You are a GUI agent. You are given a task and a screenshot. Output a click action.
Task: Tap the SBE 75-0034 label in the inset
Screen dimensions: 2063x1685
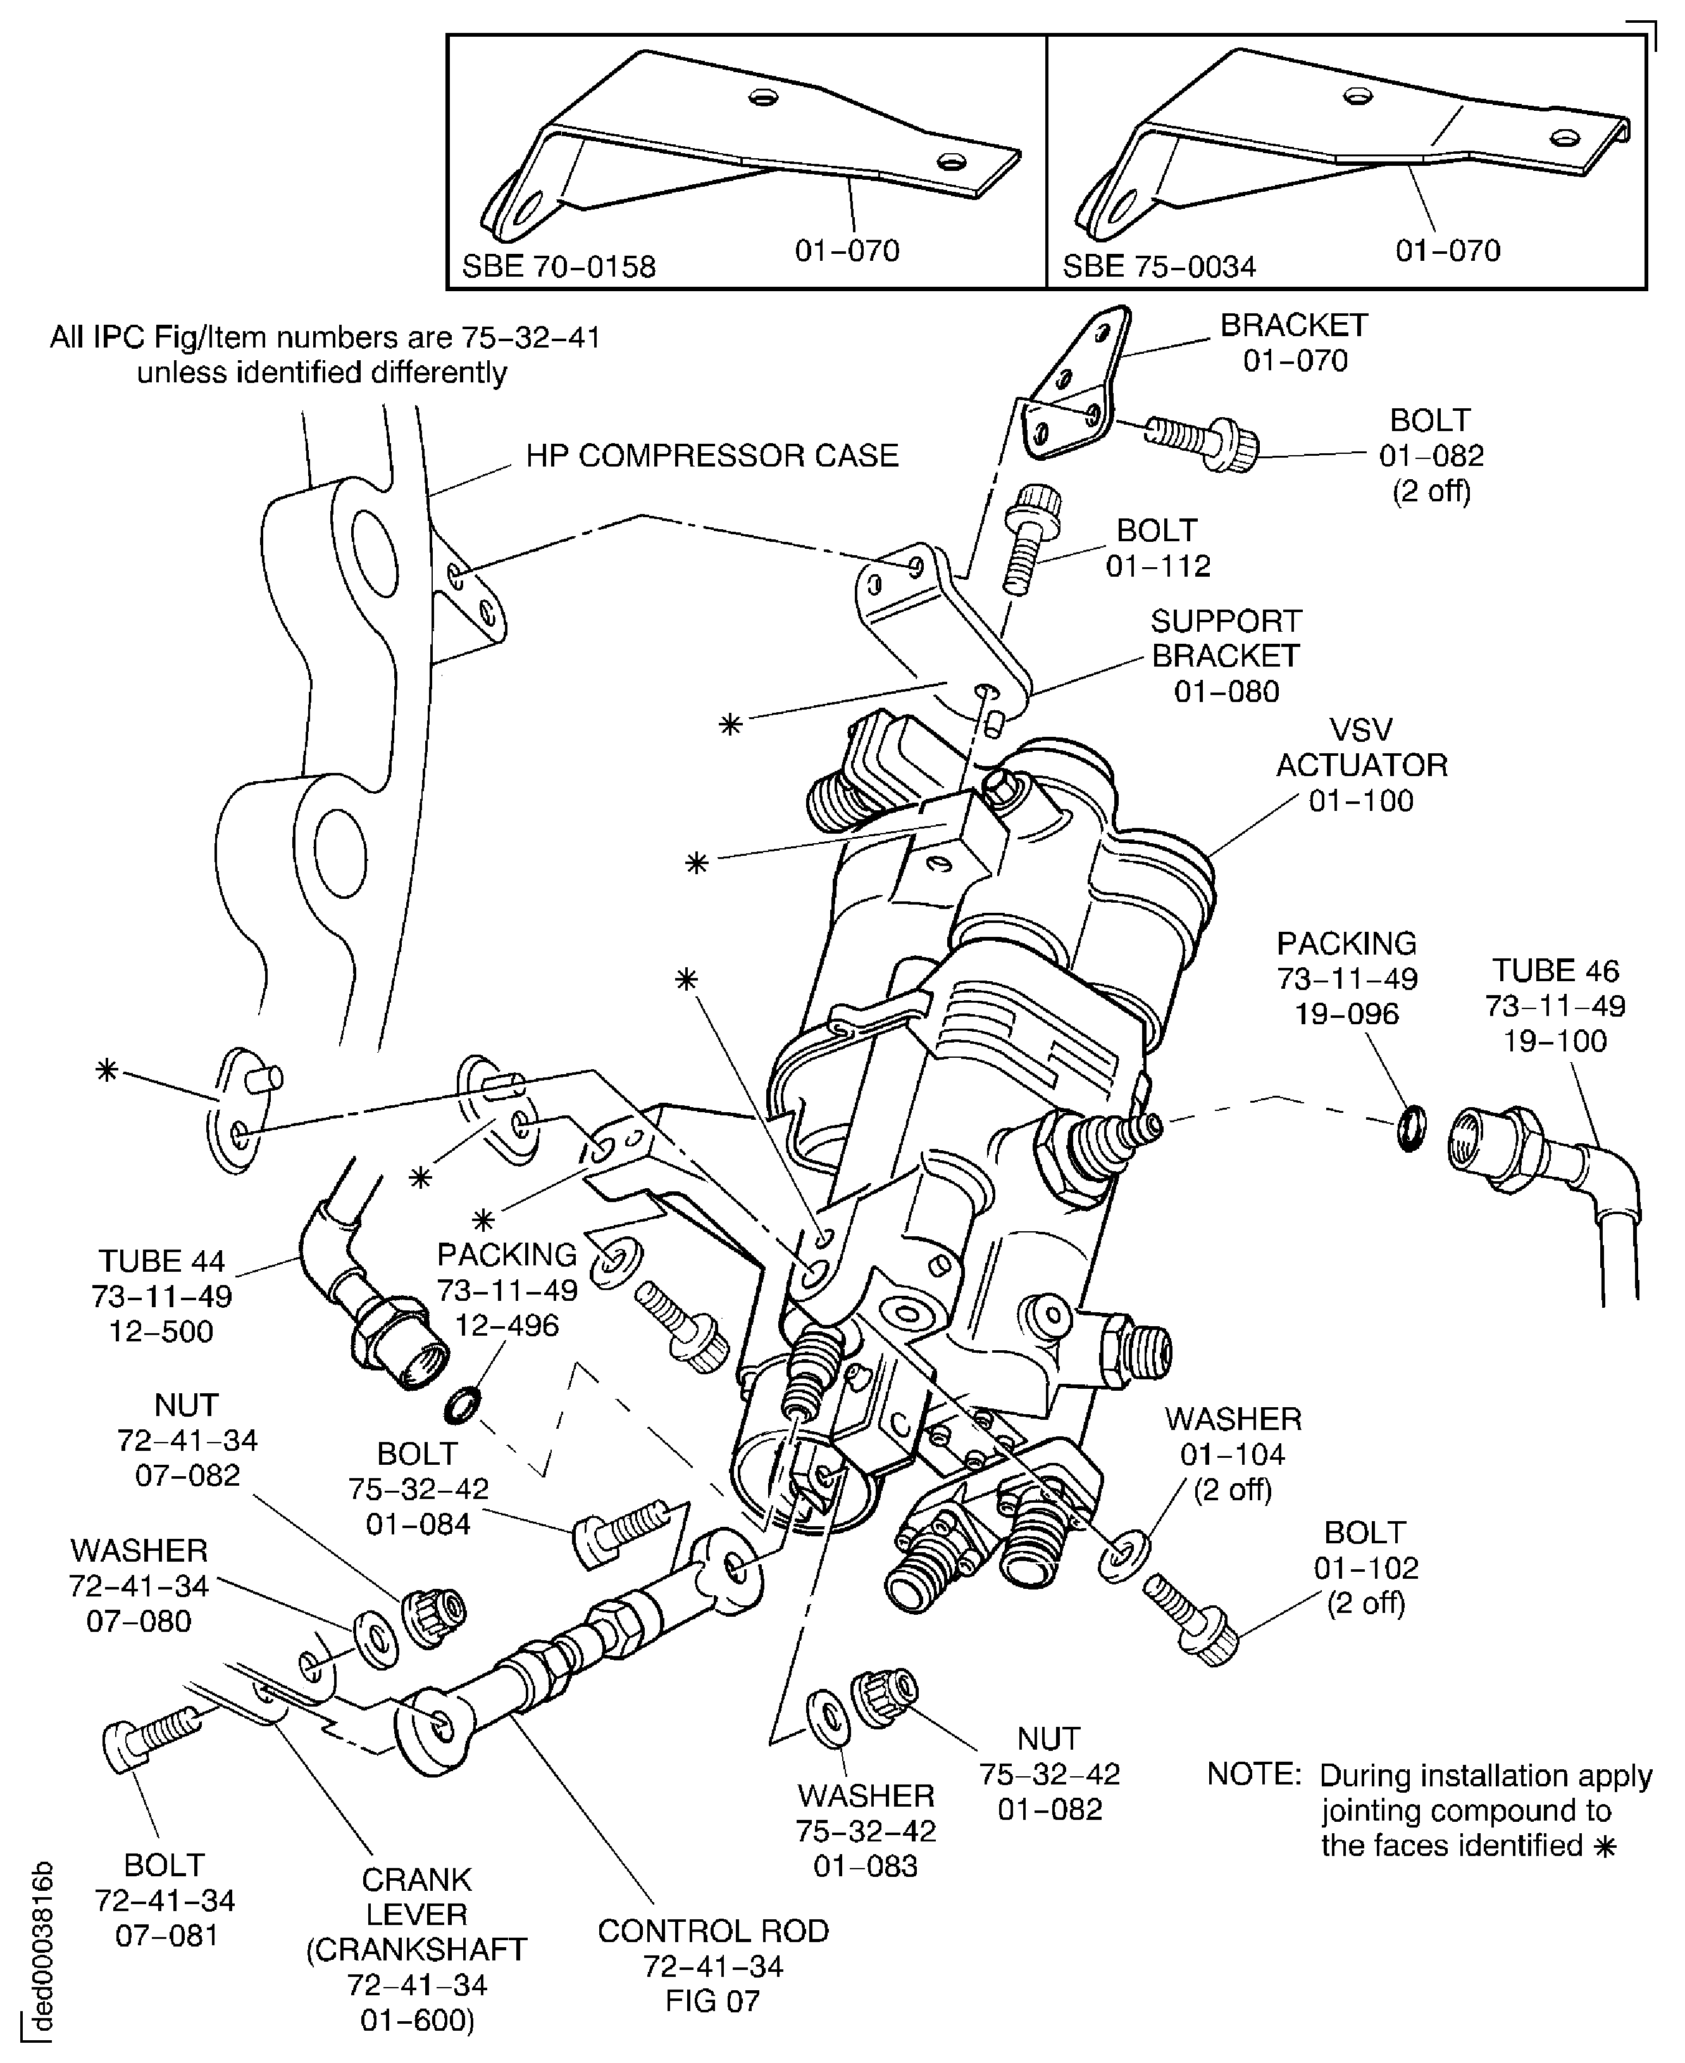coord(1159,266)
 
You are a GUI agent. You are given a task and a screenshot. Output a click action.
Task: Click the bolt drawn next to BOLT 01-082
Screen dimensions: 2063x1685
coord(1202,440)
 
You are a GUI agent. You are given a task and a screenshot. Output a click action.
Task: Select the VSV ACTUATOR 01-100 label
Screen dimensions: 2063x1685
coord(1361,765)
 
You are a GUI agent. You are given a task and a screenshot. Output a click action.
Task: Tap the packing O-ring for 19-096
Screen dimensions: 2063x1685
coord(1413,1128)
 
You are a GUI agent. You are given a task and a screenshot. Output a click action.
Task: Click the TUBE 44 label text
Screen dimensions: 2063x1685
coord(161,1261)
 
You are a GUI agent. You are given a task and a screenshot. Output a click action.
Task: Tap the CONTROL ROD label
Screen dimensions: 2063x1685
coord(713,1931)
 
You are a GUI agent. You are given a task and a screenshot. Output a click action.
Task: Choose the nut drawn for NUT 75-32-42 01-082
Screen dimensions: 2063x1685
coord(883,1699)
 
